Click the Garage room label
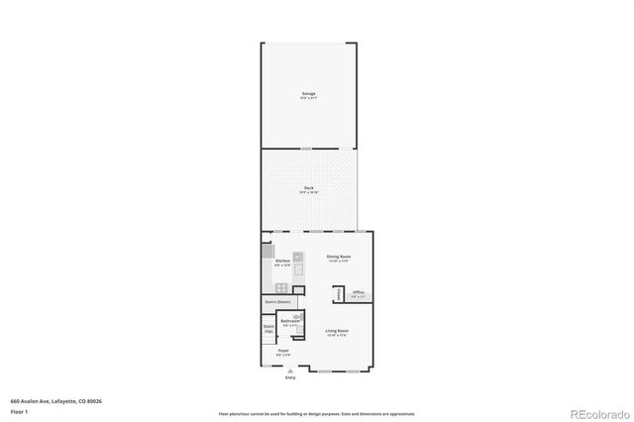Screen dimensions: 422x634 tap(309, 95)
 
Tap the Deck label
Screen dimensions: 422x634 tap(309, 188)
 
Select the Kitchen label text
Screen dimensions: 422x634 tap(282, 262)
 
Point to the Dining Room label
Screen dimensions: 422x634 tap(340, 258)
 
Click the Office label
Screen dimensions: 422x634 tap(359, 293)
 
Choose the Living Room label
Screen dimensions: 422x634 tap(337, 332)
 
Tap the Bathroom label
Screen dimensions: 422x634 tap(290, 322)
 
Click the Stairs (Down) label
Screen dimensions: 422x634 tap(277, 301)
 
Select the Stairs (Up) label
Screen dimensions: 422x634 tap(268, 328)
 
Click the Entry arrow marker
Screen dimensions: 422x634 tap(290, 370)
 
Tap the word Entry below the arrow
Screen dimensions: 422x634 tap(290, 377)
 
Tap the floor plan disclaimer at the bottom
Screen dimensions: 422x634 tap(316, 414)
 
